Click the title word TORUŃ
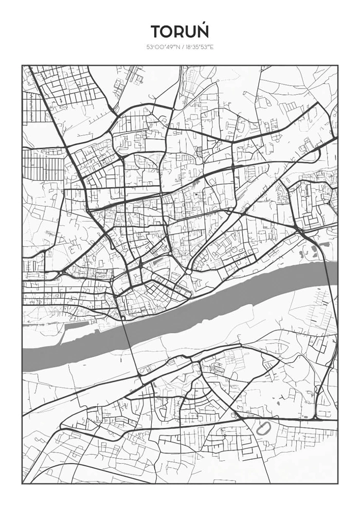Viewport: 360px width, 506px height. (180, 32)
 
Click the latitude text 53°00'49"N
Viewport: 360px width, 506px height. (160, 47)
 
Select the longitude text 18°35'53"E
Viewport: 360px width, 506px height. (196, 47)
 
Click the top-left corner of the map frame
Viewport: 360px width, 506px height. (22, 65)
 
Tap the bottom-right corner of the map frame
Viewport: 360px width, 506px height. (338, 483)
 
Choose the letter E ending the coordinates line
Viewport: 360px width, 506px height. (211, 47)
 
